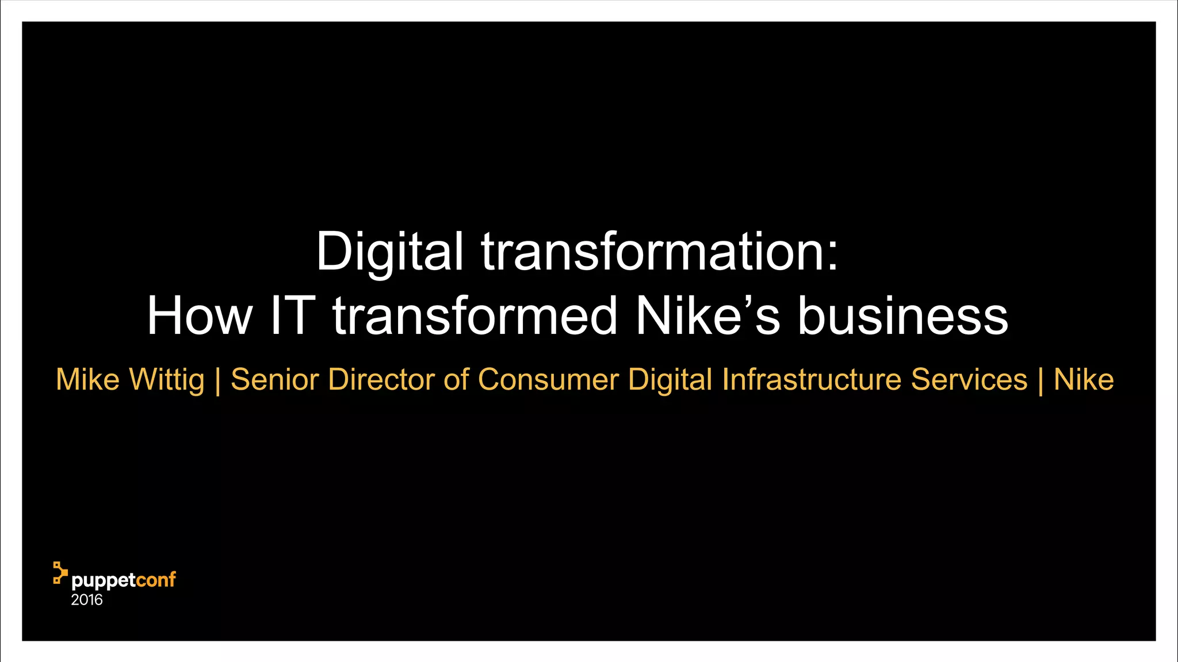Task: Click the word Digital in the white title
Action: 389,252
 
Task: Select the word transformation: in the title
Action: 660,252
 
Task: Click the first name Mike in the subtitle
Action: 87,380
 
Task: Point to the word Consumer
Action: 548,380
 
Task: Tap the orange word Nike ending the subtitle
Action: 1084,380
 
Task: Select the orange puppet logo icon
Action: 60,573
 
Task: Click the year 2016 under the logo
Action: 87,600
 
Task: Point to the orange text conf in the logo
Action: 156,580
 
